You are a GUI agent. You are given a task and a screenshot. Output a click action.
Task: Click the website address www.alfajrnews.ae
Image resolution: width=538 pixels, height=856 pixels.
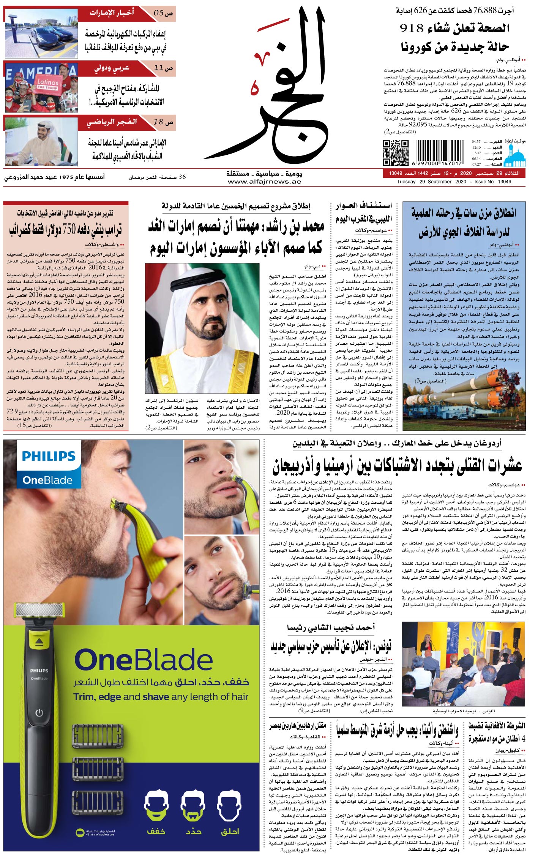264,182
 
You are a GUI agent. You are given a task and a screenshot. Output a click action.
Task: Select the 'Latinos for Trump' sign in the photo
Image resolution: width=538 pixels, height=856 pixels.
47,84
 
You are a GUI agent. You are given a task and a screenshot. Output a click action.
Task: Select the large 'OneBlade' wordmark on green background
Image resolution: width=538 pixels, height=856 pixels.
143,661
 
